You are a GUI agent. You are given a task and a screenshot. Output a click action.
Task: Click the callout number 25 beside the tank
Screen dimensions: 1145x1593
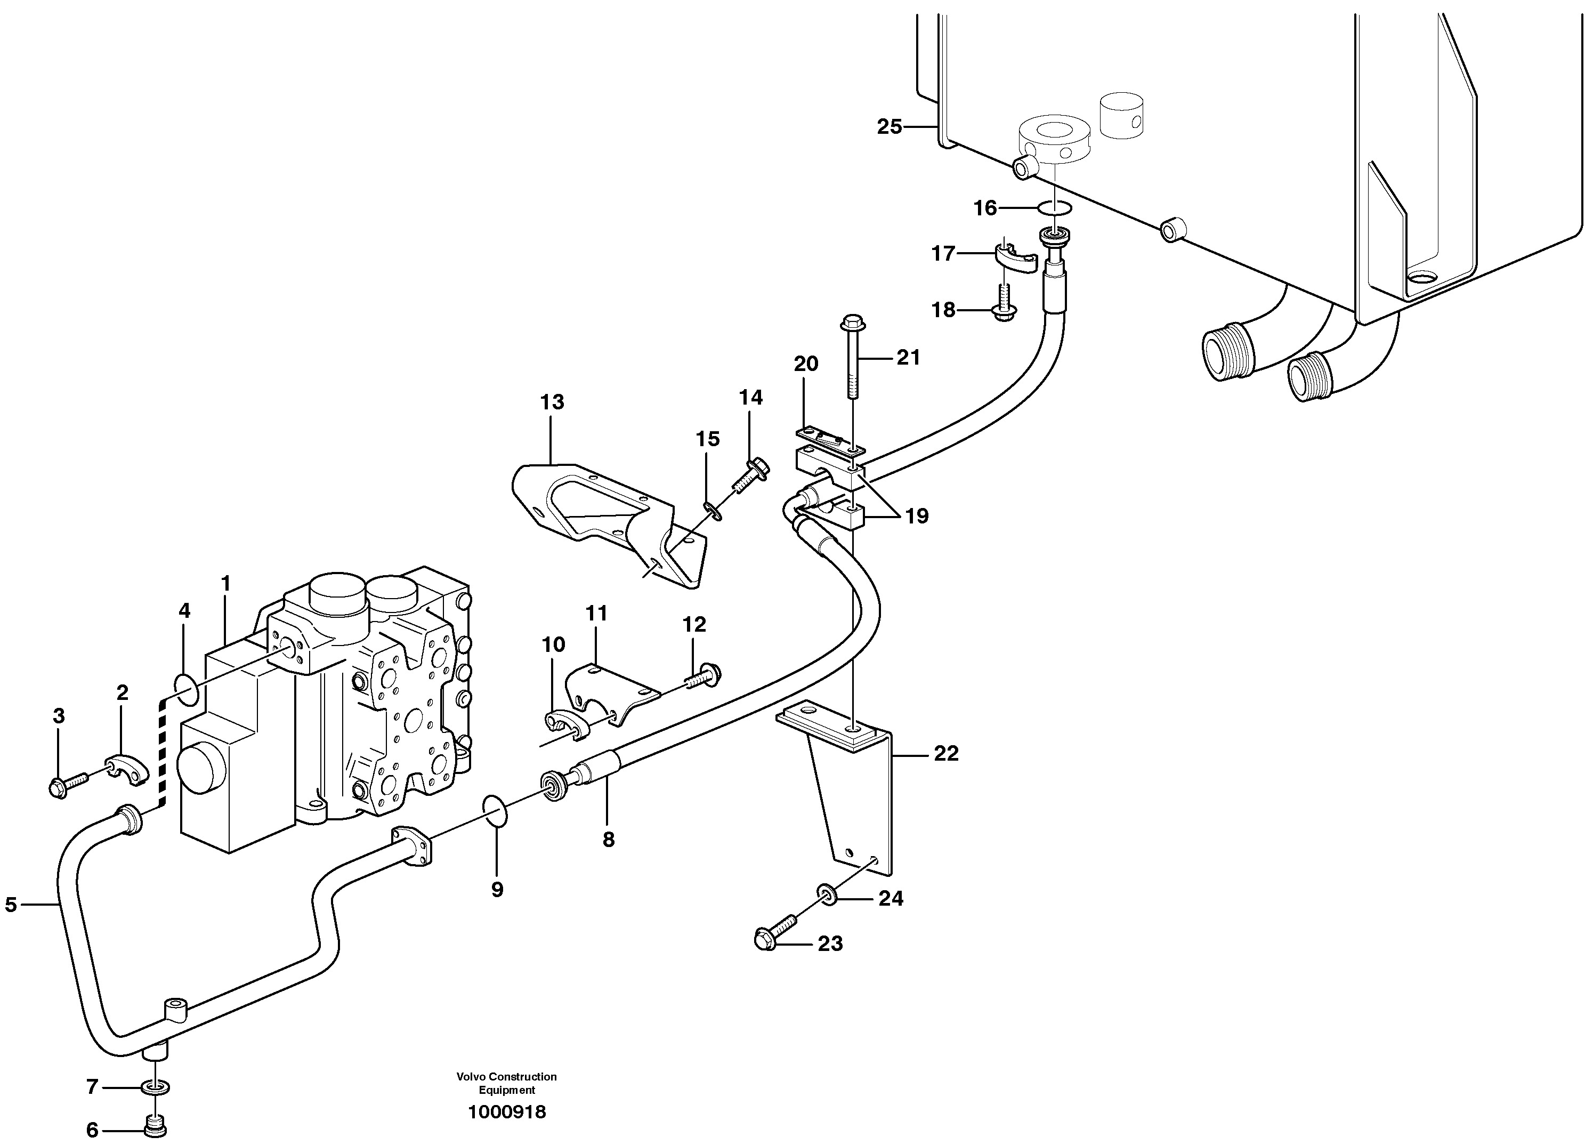click(888, 127)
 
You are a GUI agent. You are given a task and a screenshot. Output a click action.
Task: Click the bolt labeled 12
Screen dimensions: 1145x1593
click(705, 676)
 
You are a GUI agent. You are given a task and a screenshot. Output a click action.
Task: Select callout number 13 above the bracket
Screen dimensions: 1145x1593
click(552, 402)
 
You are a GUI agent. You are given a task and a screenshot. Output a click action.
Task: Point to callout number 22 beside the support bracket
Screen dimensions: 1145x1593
click(945, 754)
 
